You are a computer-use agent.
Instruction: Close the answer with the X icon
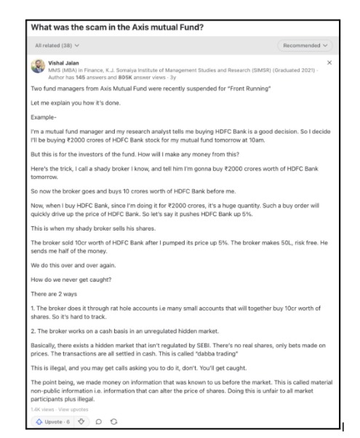[x=329, y=63]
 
